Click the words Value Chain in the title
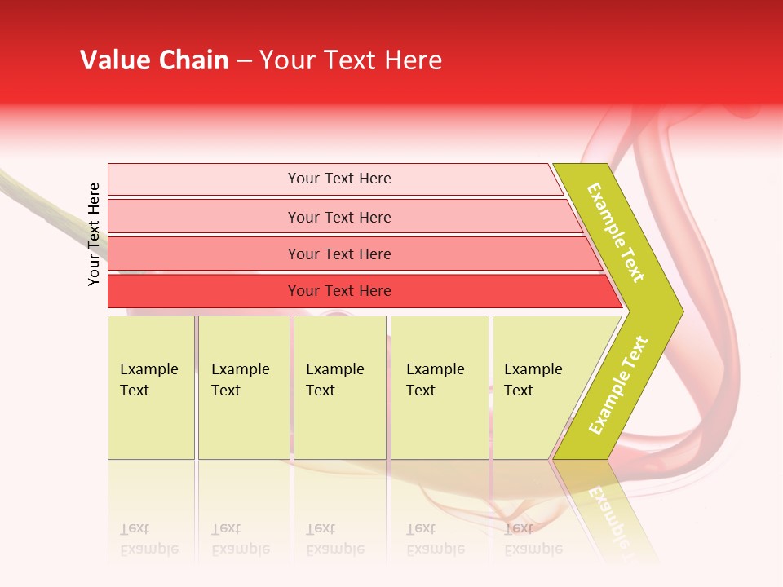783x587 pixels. pyautogui.click(x=154, y=60)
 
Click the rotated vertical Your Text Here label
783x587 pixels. pyautogui.click(x=94, y=234)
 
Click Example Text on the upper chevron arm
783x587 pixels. pyautogui.click(x=616, y=232)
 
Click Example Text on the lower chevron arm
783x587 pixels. pyautogui.click(x=618, y=385)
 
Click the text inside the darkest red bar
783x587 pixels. pyautogui.click(x=339, y=291)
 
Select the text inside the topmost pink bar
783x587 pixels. pyautogui.click(x=339, y=179)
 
